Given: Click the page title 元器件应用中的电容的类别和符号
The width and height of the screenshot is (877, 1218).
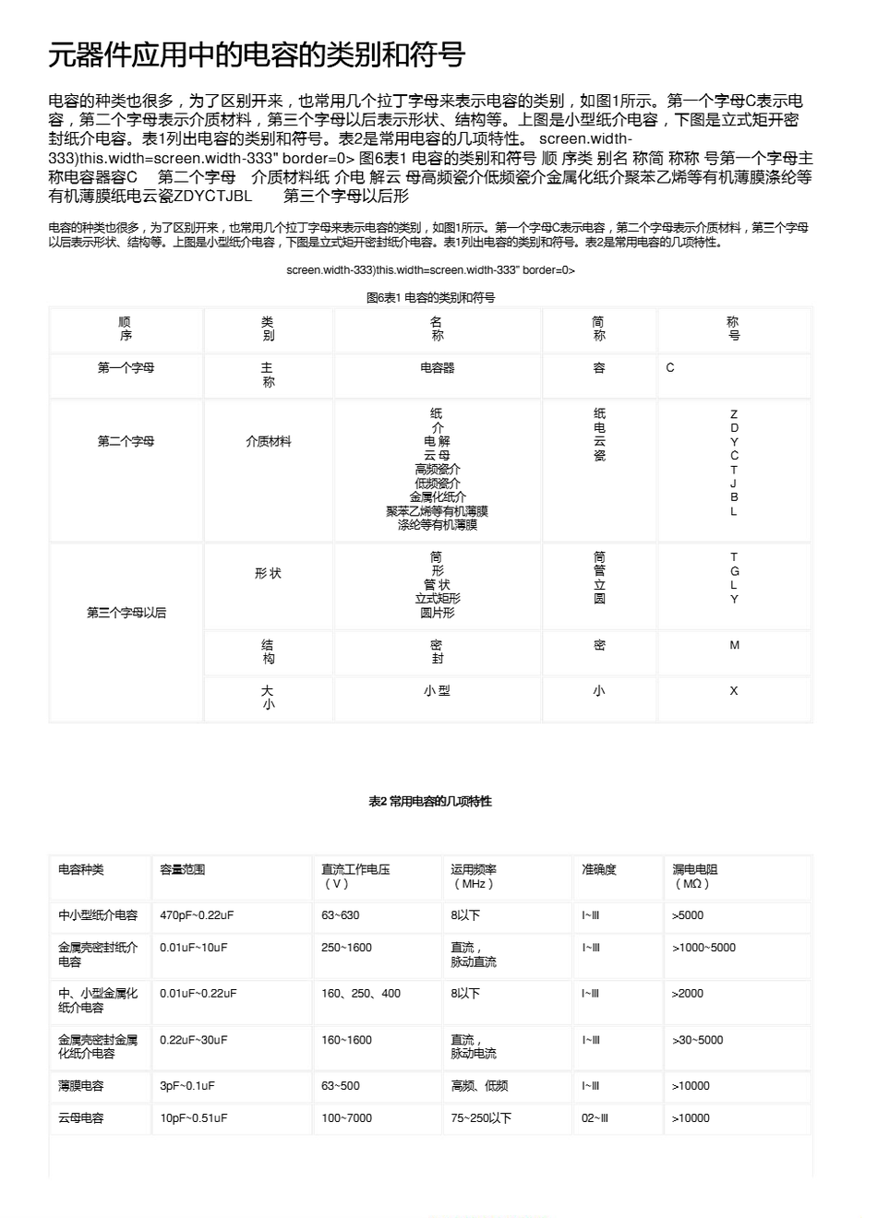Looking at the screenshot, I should (x=257, y=55).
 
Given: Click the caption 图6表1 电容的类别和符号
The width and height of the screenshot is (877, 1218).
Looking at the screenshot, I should (x=430, y=297).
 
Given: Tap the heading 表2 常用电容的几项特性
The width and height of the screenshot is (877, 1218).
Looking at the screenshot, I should (x=430, y=801).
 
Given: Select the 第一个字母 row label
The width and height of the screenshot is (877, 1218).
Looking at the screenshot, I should (x=126, y=367).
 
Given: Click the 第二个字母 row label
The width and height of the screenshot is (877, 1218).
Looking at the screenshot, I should (x=126, y=441).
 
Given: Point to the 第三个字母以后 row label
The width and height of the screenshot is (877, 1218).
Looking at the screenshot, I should (x=126, y=612).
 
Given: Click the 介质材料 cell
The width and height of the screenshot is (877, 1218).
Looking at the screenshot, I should (x=268, y=441).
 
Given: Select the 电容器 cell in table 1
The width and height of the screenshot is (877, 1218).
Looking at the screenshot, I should (x=437, y=367).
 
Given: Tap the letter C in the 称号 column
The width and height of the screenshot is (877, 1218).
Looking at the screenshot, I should (x=670, y=367).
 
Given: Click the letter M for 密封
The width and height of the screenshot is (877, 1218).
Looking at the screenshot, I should (x=734, y=645).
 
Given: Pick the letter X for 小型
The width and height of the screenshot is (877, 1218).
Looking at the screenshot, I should (x=734, y=690).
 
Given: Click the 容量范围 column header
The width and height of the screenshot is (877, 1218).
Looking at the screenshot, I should (x=182, y=869).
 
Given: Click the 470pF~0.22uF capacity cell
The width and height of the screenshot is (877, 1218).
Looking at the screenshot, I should (x=197, y=915).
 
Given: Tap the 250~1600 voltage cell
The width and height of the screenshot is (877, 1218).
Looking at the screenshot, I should (x=346, y=948).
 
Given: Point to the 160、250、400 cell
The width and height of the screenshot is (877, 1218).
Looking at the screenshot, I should (x=361, y=994).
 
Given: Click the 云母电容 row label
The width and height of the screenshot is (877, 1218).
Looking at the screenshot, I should (x=81, y=1118).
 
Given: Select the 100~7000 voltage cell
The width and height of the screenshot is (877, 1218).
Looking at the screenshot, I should (x=346, y=1118).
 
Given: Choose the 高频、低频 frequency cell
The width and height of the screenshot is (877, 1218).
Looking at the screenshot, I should (x=479, y=1086).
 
